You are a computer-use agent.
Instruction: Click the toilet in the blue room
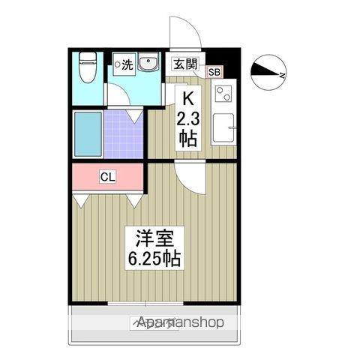click(x=88, y=67)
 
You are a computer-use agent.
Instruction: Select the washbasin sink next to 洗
click(x=146, y=65)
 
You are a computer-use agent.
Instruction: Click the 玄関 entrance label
click(x=186, y=64)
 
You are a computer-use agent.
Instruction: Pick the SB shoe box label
click(x=214, y=72)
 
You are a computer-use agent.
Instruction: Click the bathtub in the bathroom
click(x=88, y=133)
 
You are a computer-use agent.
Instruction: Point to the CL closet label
click(x=108, y=177)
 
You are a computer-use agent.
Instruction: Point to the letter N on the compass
click(x=283, y=75)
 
